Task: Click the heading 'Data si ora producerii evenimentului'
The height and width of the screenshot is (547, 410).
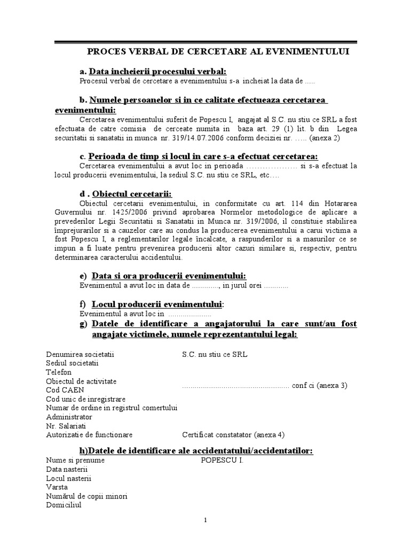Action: (x=169, y=276)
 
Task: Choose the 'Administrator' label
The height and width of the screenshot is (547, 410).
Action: (x=69, y=417)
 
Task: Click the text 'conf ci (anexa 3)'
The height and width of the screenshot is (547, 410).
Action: (x=319, y=386)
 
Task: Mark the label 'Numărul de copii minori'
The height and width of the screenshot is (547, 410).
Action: (x=86, y=496)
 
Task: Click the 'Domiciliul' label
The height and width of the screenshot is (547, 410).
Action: (x=64, y=505)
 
